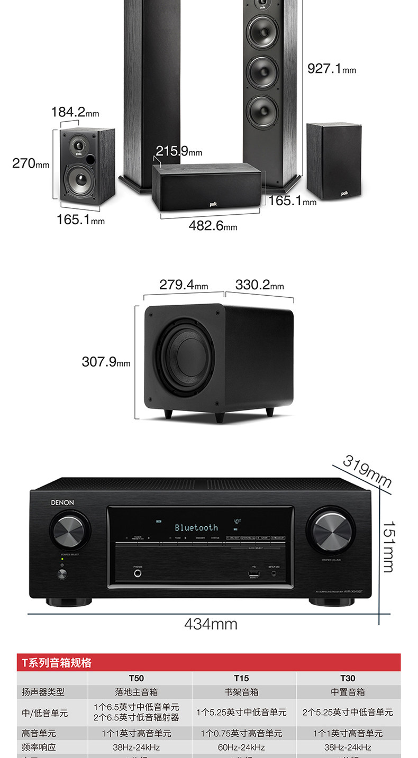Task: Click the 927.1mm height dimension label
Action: click(332, 69)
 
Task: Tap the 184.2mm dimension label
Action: click(75, 112)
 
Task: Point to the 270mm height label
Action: click(31, 163)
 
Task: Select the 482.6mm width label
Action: click(213, 226)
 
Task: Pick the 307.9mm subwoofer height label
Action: click(106, 362)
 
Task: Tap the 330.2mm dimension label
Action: click(259, 285)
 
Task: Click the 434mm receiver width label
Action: click(211, 624)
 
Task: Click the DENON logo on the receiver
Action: click(62, 503)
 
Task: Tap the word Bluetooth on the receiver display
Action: click(196, 527)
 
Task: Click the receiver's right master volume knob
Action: click(332, 531)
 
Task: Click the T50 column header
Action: click(137, 678)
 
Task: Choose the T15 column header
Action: click(241, 678)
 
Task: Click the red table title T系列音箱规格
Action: click(57, 663)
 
